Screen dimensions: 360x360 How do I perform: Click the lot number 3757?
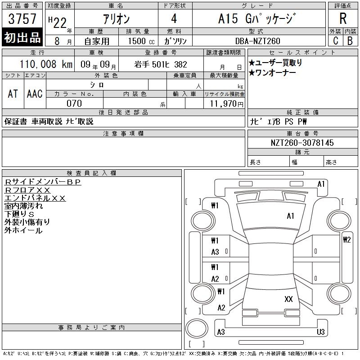[x=22, y=18]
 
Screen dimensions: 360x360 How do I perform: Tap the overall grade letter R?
[x=343, y=18]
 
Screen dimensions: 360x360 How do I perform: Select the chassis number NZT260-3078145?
[x=302, y=143]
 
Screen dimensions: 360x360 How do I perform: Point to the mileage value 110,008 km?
[x=46, y=64]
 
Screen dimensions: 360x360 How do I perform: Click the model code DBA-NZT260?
[x=257, y=41]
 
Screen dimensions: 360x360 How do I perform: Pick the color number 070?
[x=74, y=103]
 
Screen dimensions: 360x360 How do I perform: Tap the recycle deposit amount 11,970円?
[x=226, y=104]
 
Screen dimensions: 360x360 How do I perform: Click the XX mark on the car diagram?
[x=288, y=299]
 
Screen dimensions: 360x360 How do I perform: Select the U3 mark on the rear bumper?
[x=320, y=332]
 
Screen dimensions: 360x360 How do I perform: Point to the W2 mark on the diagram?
[x=346, y=240]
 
